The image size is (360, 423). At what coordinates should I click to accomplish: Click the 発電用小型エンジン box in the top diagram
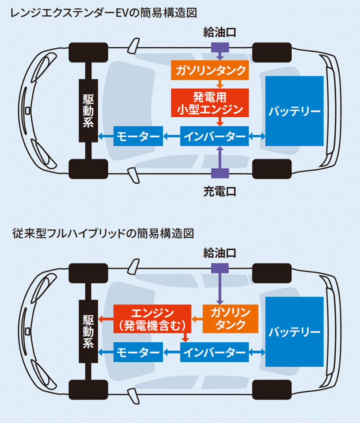[x=210, y=103]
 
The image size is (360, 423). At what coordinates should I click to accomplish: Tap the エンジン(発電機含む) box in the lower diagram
[x=152, y=319]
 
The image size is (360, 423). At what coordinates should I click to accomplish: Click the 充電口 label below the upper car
[x=219, y=192]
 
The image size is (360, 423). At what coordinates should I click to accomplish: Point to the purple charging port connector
[x=219, y=173]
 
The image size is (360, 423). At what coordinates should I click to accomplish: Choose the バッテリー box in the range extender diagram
[x=294, y=111]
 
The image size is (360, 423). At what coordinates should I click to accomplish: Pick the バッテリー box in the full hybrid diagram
[x=294, y=332]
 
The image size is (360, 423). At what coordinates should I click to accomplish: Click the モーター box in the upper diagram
[x=138, y=136]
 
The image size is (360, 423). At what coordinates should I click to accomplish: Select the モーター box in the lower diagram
[x=138, y=352]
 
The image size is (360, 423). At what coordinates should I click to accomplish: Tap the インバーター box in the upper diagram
[x=215, y=136]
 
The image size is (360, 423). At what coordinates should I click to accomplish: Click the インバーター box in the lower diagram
[x=215, y=352]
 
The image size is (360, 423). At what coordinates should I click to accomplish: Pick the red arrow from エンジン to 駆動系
[x=105, y=319]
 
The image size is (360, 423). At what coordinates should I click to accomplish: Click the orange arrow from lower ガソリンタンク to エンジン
[x=197, y=319]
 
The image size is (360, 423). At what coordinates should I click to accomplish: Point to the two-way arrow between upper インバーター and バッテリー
[x=257, y=136]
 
